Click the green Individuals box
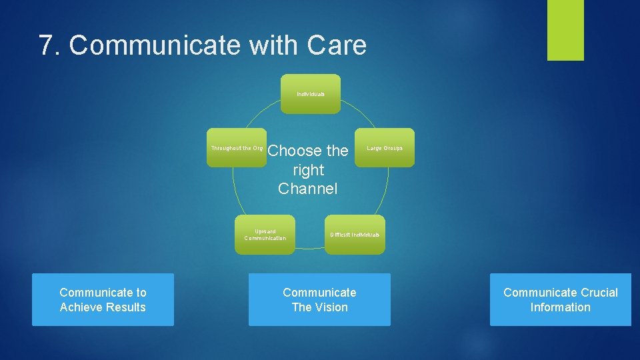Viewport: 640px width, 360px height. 311,94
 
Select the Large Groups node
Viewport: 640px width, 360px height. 385,147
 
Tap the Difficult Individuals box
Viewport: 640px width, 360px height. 355,235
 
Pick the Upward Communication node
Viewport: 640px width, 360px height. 265,235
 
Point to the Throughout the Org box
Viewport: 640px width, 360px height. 237,147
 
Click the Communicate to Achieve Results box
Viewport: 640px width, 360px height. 103,299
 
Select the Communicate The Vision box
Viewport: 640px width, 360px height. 319,299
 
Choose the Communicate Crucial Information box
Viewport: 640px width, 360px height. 560,299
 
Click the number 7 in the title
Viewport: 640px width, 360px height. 46,45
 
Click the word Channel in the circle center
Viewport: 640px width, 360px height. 308,189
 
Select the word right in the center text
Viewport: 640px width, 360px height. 308,170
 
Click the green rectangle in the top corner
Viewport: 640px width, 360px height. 565,30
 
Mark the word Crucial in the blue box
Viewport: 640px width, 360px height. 599,293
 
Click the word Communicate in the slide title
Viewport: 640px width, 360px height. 156,45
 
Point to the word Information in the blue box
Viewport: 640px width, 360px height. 560,307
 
